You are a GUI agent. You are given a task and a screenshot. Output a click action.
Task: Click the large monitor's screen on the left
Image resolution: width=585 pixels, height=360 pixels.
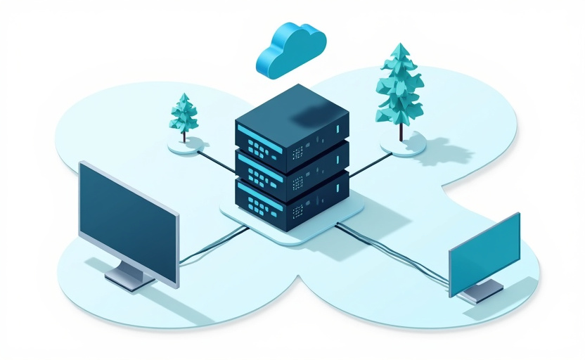tap(127, 221)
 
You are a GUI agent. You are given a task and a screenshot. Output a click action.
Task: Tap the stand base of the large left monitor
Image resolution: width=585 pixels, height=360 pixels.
tap(130, 278)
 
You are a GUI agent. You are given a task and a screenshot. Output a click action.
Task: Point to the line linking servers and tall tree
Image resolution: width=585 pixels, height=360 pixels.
tap(366, 166)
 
